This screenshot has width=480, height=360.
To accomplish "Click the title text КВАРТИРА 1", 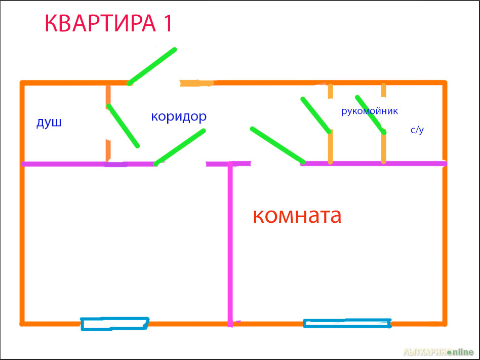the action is pos(109,23).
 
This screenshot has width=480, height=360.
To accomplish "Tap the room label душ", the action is pos(49,123).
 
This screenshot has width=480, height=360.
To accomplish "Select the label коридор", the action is pos(179,116).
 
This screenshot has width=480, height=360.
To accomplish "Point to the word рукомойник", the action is pos(370,111).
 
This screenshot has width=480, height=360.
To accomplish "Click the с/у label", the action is pos(417,130).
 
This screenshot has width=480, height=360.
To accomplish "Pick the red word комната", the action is pos(297,216).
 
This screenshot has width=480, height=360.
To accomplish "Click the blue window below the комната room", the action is pos(347,323).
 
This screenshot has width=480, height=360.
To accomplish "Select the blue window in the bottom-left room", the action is pos(115,324).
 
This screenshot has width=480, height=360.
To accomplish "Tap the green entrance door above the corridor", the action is pos(152,66).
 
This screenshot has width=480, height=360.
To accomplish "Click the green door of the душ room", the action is pos(123,126).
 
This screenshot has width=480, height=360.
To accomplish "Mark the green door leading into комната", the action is pos(277,145).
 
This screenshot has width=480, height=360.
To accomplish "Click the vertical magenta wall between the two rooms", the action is pos(230,244).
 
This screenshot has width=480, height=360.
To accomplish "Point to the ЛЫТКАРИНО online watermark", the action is pos(438,352).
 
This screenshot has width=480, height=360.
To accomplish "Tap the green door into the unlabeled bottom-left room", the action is pos(179,147).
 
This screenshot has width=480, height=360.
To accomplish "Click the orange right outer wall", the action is pos(445,203).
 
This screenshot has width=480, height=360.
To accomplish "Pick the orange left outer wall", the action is pos(22,203).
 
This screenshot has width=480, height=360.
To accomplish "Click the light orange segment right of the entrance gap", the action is pos(196,83).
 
